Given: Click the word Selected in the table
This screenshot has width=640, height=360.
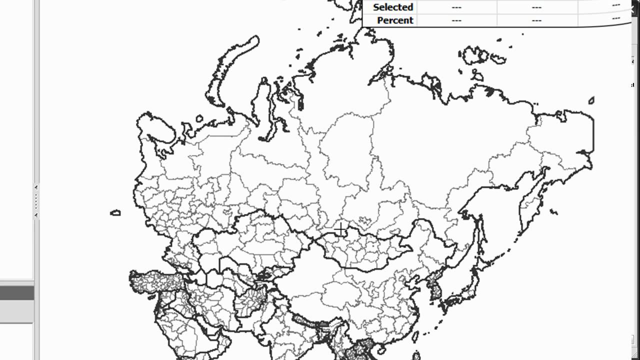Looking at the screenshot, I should point(392,7).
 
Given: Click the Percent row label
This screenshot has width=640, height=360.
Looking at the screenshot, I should point(395,20).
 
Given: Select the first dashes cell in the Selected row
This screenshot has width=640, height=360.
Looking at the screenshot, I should point(456,7).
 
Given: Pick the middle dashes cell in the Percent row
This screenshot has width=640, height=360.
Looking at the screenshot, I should point(536,20).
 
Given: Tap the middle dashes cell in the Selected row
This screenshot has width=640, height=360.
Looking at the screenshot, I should point(536,7).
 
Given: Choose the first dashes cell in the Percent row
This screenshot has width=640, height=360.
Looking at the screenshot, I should point(456,20).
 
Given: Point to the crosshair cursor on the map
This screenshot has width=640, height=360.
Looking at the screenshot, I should point(340,229).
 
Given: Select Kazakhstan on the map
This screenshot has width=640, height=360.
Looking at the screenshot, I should point(250,240).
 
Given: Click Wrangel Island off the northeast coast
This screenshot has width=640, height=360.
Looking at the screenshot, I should point(591,100).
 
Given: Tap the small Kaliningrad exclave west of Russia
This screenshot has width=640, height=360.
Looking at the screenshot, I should point(115,212).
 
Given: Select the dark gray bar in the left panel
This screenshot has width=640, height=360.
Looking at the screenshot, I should point(16,292).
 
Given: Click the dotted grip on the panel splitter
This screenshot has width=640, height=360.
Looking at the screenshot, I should point(36,201).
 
